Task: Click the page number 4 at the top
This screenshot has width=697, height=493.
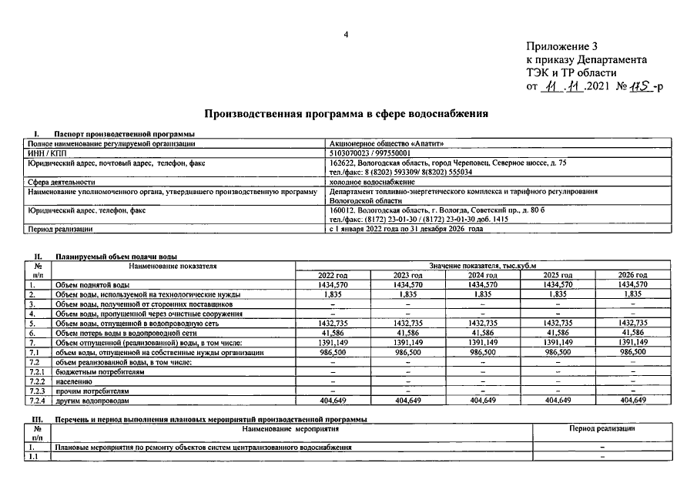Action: click(x=346, y=35)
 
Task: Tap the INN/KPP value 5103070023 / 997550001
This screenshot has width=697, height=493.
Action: click(x=370, y=153)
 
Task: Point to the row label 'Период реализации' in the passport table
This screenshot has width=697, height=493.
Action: click(x=60, y=229)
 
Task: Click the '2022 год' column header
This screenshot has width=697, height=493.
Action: click(x=333, y=275)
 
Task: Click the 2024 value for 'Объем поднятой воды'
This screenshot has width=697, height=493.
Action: click(x=483, y=284)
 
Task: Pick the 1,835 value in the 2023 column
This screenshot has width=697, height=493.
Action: click(x=408, y=294)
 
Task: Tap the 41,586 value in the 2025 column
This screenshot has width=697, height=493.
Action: click(x=558, y=333)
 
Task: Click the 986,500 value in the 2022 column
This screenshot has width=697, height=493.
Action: click(x=333, y=352)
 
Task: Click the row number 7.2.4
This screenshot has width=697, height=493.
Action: click(x=38, y=401)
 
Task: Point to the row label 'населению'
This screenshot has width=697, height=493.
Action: click(x=73, y=381)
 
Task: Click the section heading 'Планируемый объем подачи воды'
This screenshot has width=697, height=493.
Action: click(x=116, y=256)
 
